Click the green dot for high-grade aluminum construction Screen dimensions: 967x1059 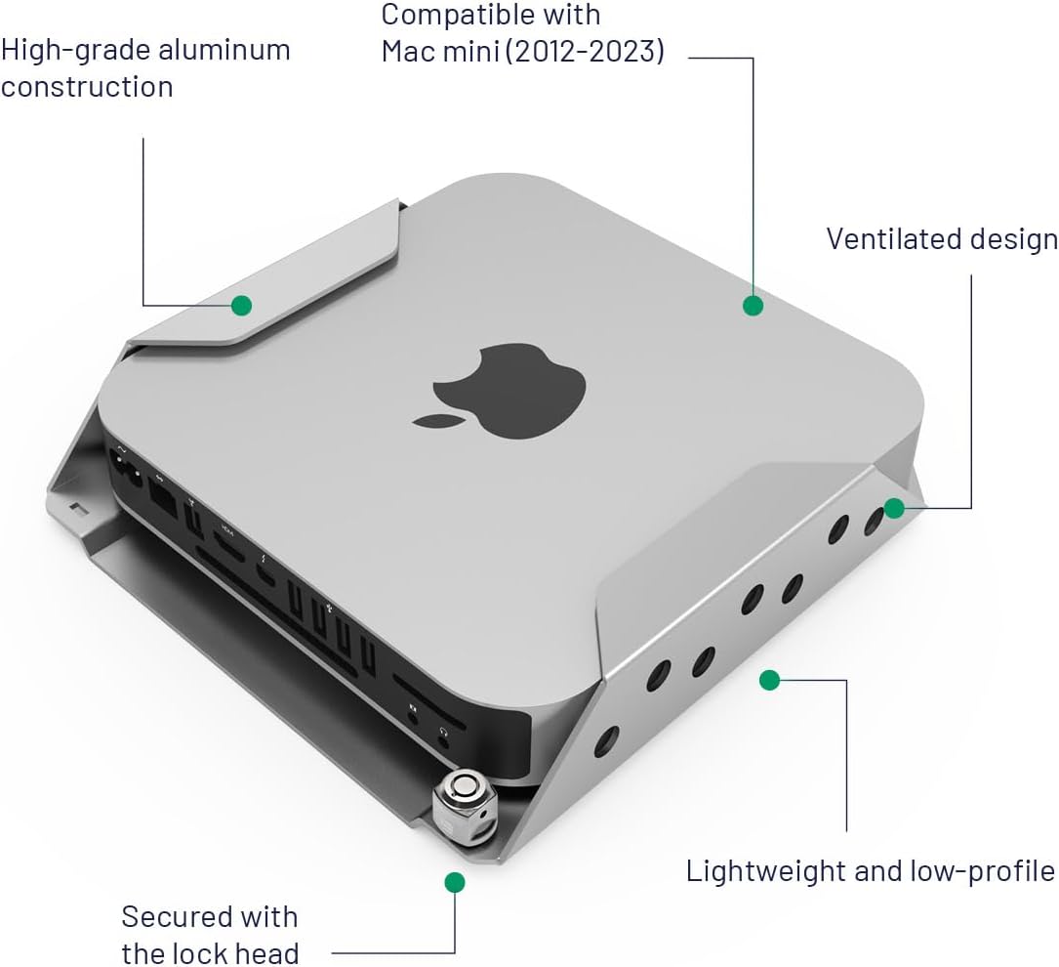tap(241, 306)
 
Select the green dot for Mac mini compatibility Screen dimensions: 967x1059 tap(753, 306)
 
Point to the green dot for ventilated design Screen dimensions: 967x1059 tap(894, 508)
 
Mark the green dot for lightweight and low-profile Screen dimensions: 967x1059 tap(769, 680)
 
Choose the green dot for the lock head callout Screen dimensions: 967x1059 tap(454, 882)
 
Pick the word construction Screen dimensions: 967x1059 tap(86, 87)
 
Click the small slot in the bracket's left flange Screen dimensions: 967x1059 tap(77, 509)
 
